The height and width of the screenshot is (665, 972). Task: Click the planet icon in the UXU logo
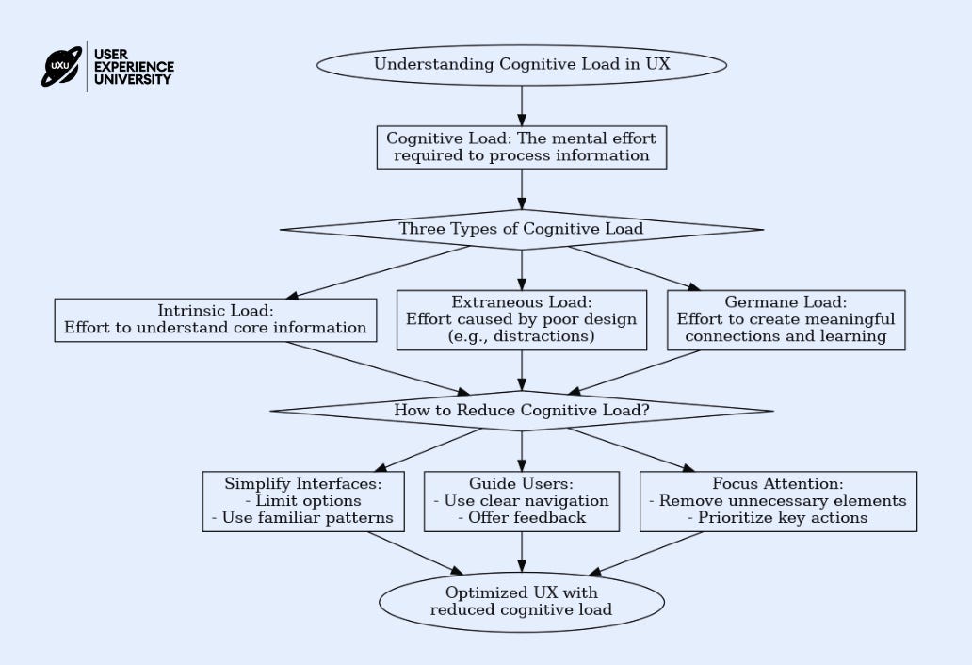pos(61,66)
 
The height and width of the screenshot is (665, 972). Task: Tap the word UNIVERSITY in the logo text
pos(133,79)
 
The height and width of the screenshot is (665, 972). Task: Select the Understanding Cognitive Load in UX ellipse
pos(522,64)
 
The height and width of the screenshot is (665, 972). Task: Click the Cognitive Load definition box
pos(522,147)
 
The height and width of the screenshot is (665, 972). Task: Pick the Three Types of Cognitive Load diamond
pos(522,229)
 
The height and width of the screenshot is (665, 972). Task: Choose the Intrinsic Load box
pos(215,320)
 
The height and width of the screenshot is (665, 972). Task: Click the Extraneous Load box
pos(522,320)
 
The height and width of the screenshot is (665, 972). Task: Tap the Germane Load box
pos(786,320)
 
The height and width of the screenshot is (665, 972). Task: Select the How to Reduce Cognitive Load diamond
pos(522,411)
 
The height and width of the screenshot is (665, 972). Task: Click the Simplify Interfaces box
pos(303,501)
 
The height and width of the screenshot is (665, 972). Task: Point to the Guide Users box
pos(522,501)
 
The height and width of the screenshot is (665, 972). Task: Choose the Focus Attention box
pos(778,501)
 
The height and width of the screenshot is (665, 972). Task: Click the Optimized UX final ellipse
pos(522,602)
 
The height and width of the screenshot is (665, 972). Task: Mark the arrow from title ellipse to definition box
pos(522,106)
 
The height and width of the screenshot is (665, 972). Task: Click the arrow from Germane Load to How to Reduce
pos(634,373)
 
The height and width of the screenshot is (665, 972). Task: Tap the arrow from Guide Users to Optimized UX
pos(522,552)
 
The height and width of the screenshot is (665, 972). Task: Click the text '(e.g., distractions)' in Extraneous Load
pos(522,336)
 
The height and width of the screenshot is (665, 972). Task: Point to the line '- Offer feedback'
pos(522,517)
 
